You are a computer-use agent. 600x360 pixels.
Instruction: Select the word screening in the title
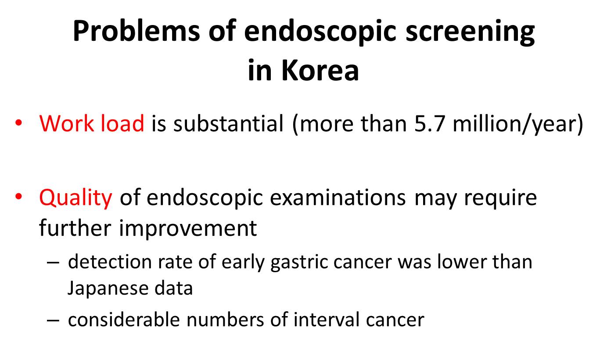(470, 32)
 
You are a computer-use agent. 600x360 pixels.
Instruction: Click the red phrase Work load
(92, 123)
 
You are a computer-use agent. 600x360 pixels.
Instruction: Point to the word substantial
(229, 123)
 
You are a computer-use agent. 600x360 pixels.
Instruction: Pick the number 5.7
(430, 123)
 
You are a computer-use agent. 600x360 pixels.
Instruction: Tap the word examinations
(338, 198)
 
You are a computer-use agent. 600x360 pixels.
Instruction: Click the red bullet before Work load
(18, 123)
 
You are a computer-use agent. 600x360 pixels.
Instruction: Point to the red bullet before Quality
(18, 197)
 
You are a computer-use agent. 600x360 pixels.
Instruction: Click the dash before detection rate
(53, 263)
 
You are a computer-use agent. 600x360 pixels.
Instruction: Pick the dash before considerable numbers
(53, 320)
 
